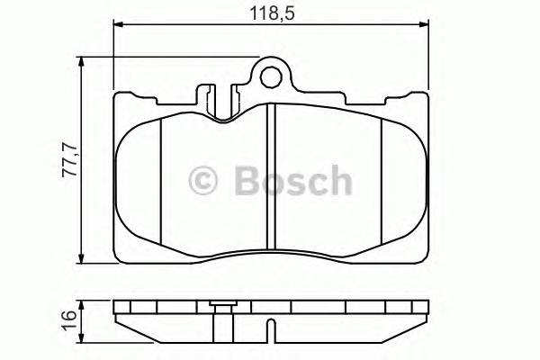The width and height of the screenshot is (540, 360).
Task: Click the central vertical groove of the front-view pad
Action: pos(271,175)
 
